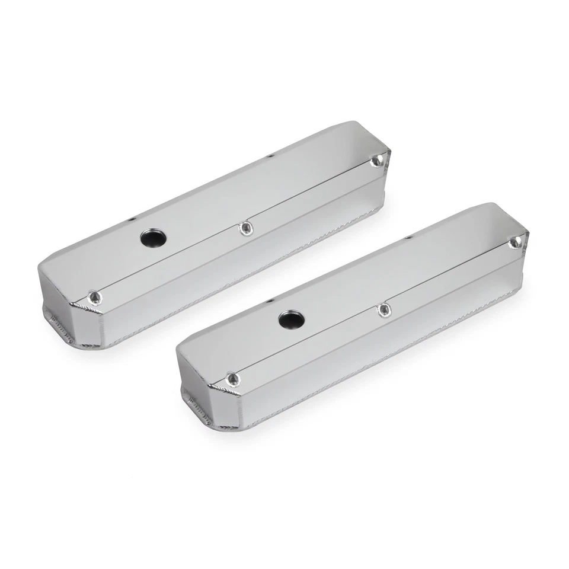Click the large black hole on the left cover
[154, 238]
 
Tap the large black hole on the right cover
[291, 320]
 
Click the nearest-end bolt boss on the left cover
[94, 298]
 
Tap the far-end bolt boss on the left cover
[375, 161]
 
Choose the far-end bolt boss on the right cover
[515, 242]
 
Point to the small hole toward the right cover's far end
[408, 237]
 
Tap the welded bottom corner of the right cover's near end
[197, 409]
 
